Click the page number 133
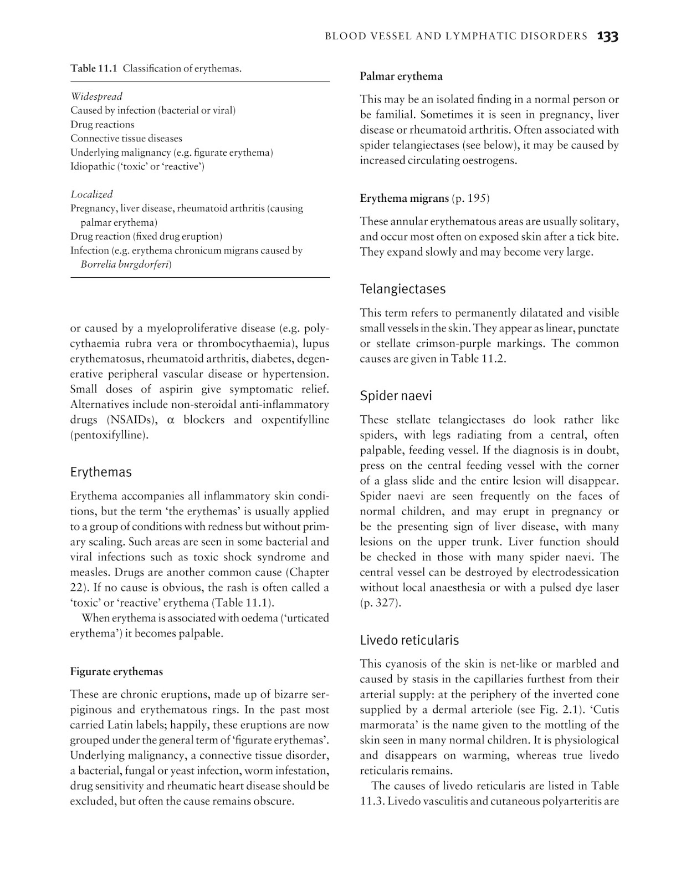pos(607,37)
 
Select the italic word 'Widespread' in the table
pos(96,96)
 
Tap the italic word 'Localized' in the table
pos(91,194)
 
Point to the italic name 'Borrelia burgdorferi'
pos(125,264)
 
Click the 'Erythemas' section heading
pos(101,472)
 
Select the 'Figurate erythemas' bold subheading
pos(116,672)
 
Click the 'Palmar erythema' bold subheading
pos(401,77)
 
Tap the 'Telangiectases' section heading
pos(402,289)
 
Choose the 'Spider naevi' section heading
pos(396,396)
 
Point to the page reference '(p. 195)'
pos(471,198)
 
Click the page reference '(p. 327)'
pos(380,603)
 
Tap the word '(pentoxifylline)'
pos(109,435)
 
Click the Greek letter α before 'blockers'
pos(171,420)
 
